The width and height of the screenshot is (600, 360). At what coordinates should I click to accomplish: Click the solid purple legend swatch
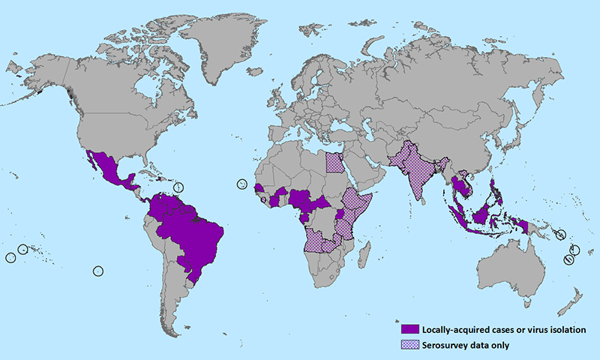coord(409,329)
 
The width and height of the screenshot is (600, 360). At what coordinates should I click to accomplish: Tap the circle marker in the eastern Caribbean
coord(178,187)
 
